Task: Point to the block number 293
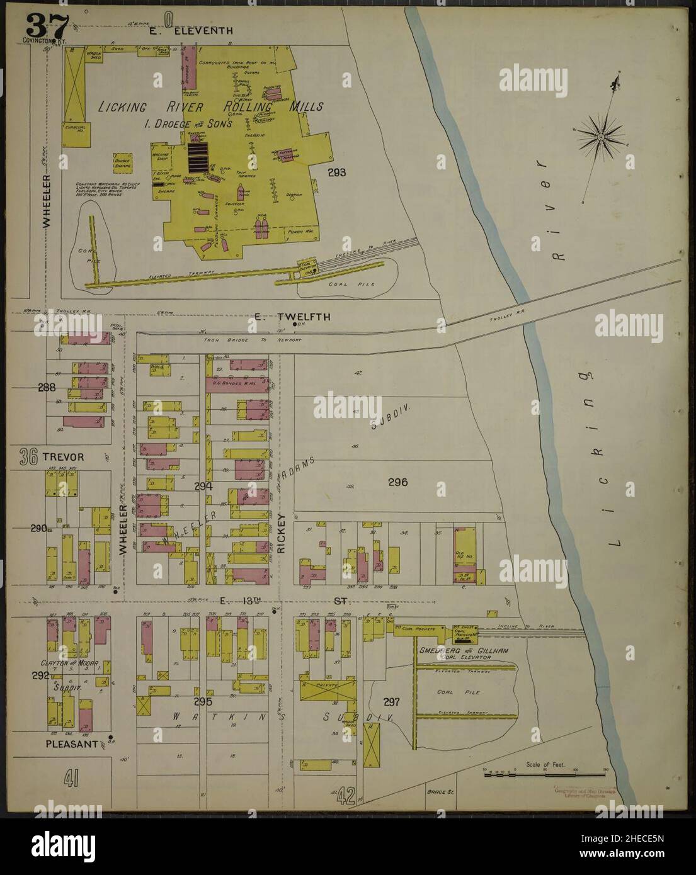336,171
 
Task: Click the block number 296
398,483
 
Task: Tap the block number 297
391,702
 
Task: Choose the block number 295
205,701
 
